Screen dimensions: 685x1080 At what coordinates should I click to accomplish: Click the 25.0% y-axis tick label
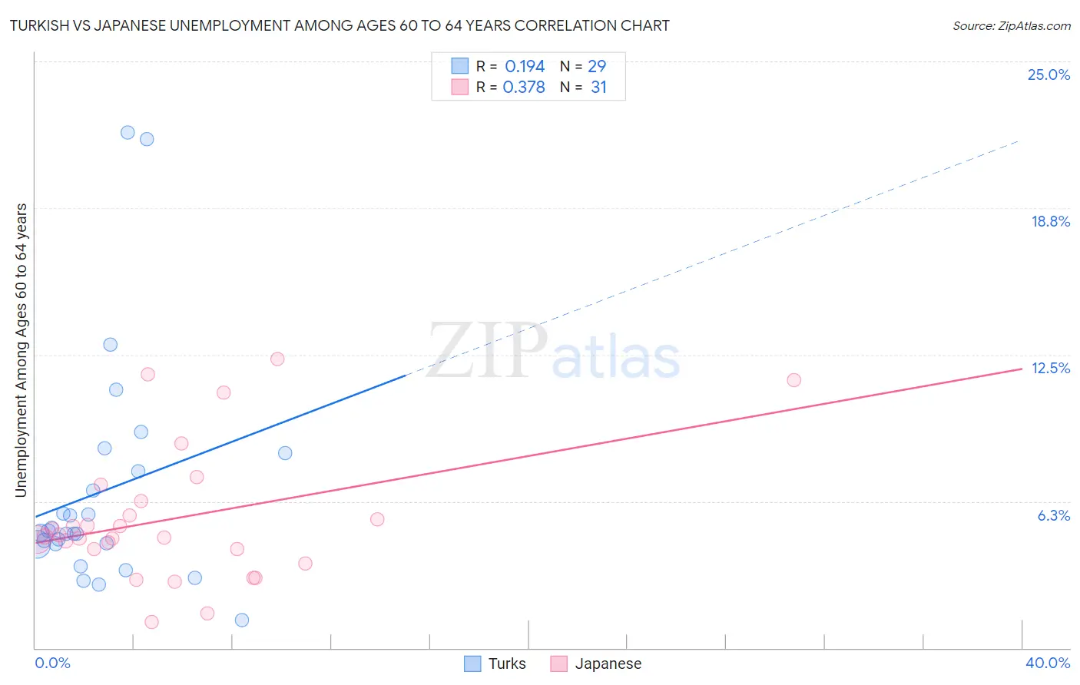click(x=1049, y=74)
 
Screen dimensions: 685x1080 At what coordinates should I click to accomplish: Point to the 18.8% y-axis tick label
click(x=1050, y=221)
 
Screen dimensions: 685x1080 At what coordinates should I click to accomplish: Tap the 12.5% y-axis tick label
click(x=1050, y=368)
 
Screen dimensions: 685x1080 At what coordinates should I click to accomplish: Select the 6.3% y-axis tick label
click(x=1053, y=515)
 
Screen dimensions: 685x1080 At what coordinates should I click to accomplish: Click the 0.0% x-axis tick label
click(x=52, y=663)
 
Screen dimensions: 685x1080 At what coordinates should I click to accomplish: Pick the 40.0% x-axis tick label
click(x=1047, y=663)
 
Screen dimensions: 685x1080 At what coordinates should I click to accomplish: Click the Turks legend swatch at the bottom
click(x=472, y=663)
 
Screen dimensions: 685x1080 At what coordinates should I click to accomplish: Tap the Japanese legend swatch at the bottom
click(x=558, y=663)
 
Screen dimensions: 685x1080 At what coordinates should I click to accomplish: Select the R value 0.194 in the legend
click(x=525, y=66)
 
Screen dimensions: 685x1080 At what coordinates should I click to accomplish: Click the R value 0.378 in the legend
click(x=524, y=87)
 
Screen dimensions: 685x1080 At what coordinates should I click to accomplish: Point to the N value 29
click(x=597, y=66)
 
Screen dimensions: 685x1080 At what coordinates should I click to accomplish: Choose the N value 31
click(x=598, y=87)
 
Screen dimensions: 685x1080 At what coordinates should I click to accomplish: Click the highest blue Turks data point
click(x=128, y=132)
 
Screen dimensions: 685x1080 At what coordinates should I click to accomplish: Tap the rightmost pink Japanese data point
click(x=794, y=380)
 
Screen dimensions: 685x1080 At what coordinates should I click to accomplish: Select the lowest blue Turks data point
click(x=242, y=620)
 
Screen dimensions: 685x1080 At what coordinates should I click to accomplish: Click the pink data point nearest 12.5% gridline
click(x=277, y=359)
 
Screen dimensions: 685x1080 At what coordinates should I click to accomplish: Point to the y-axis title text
click(x=21, y=350)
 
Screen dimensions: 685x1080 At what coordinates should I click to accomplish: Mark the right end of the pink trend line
click(x=1022, y=369)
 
